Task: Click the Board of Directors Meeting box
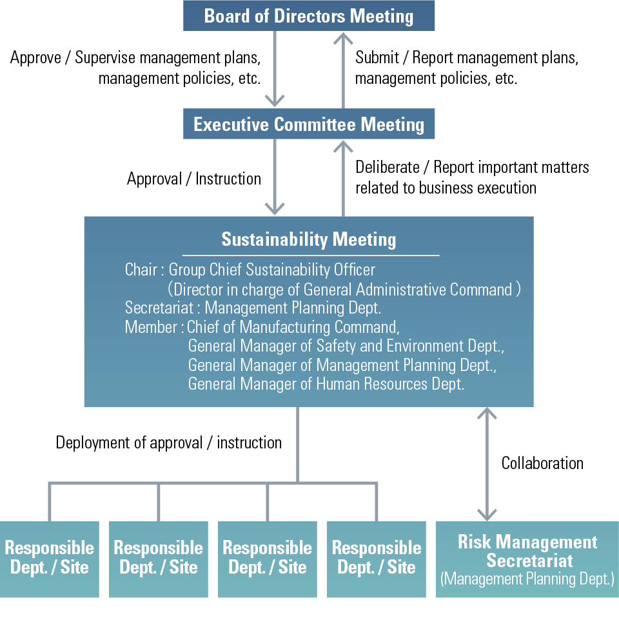[309, 15]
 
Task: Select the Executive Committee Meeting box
[309, 124]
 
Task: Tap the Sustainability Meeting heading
[309, 239]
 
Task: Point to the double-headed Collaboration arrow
[487, 463]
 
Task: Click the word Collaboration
[542, 463]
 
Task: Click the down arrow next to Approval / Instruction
[275, 177]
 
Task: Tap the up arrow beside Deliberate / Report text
[342, 177]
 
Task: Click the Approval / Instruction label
[194, 179]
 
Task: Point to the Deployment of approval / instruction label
[169, 443]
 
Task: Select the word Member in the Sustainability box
[150, 327]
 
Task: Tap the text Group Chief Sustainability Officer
[271, 270]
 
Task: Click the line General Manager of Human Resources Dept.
[326, 384]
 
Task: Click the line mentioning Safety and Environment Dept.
[346, 346]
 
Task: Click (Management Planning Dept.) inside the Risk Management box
[527, 579]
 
